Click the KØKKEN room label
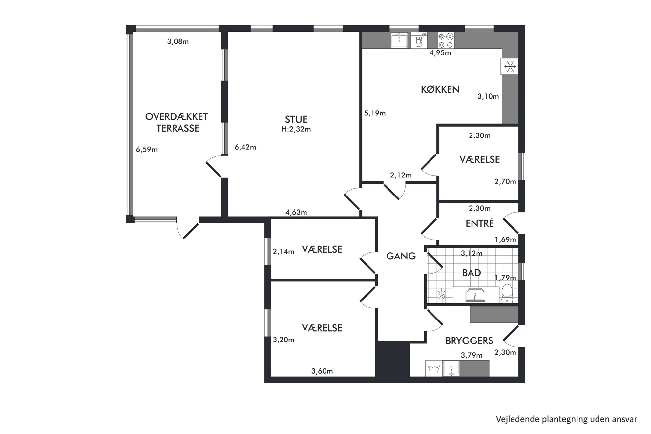click(x=440, y=89)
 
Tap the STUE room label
click(x=296, y=119)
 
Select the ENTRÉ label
click(x=479, y=223)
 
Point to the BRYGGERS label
click(x=469, y=341)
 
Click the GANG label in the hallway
click(x=401, y=256)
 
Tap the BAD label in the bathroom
click(x=472, y=273)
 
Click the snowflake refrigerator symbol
click(x=510, y=67)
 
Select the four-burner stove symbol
click(x=446, y=40)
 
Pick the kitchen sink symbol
click(x=399, y=40)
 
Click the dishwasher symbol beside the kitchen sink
click(x=419, y=40)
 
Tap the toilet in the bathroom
click(x=507, y=294)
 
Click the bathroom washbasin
click(x=475, y=295)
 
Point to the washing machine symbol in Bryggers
click(x=433, y=368)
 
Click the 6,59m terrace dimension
click(x=147, y=150)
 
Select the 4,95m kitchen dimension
click(x=440, y=53)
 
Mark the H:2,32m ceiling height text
click(x=296, y=129)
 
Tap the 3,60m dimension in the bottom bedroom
click(x=322, y=371)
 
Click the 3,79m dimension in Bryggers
click(x=472, y=355)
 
